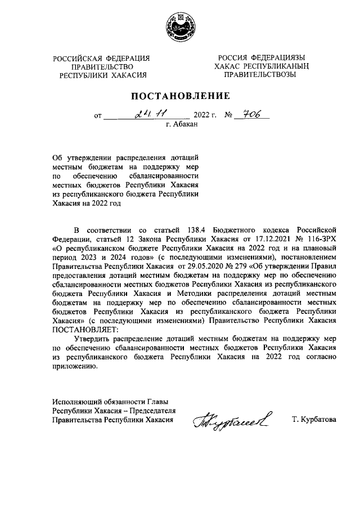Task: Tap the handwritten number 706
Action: coord(250,115)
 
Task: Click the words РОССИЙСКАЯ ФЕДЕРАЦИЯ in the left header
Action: coord(101,58)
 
